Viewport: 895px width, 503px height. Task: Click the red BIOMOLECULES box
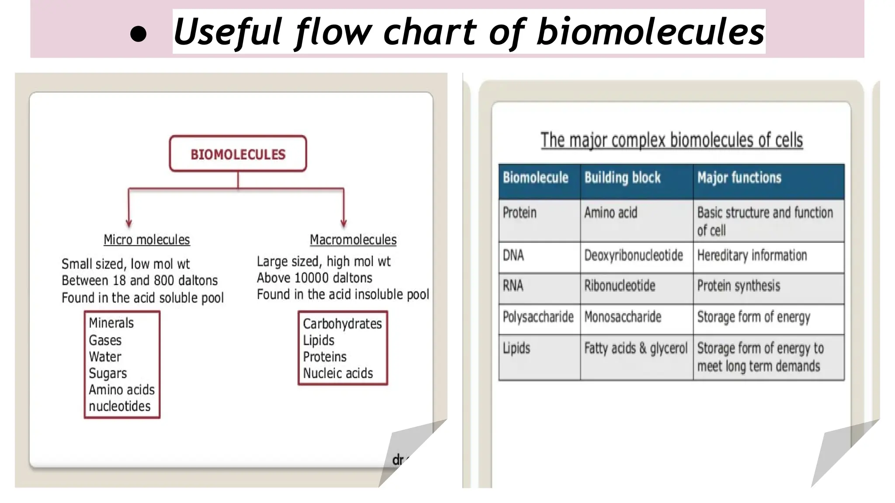click(x=238, y=154)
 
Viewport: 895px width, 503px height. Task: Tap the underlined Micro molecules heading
click(x=146, y=240)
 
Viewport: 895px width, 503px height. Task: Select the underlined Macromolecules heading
click(x=353, y=240)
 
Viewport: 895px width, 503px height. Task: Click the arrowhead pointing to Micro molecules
click(x=128, y=223)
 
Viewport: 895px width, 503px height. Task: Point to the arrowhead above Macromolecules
click(x=343, y=223)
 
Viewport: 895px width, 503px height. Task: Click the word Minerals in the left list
click(x=111, y=323)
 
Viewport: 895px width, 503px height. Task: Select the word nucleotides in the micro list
click(x=119, y=406)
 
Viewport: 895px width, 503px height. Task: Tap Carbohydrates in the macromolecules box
click(x=342, y=324)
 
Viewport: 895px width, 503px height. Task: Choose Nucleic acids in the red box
click(x=338, y=373)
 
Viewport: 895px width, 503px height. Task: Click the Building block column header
click(x=622, y=178)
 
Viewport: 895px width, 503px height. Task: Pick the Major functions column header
click(x=739, y=178)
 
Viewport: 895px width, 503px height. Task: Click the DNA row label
click(x=513, y=255)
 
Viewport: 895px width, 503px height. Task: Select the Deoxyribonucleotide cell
click(x=633, y=255)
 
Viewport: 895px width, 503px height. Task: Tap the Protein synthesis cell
click(x=738, y=286)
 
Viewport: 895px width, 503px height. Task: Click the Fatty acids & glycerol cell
click(x=635, y=348)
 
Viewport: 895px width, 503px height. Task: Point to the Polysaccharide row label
click(x=538, y=317)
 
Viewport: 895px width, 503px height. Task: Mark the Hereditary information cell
click(x=752, y=255)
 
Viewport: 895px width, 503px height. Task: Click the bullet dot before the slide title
click(x=138, y=34)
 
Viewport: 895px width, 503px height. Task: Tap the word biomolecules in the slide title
click(x=650, y=32)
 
